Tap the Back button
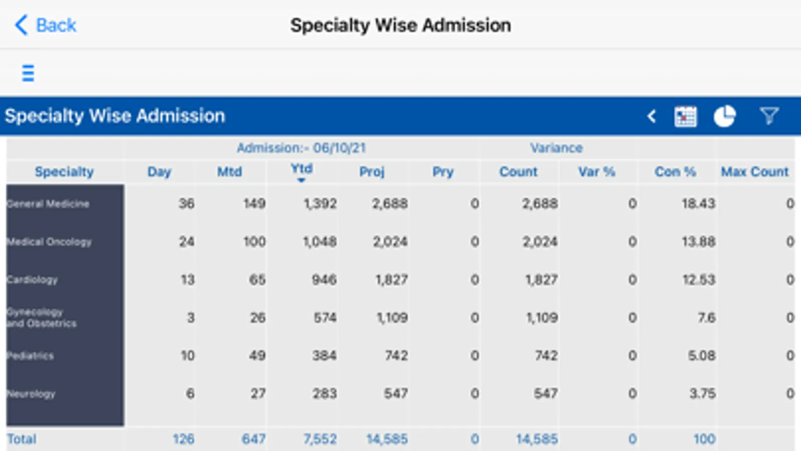point(46,25)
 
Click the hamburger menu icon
point(28,73)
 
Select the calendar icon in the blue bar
point(685,117)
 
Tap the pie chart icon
point(724,117)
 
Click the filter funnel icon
point(769,116)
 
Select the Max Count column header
point(754,172)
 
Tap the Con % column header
point(675,172)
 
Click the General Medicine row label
point(48,204)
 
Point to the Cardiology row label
point(33,280)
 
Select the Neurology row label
point(31,394)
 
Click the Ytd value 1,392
point(320,203)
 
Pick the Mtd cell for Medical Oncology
point(254,242)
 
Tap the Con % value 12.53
point(698,280)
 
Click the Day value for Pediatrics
point(187,356)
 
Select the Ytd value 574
point(325,318)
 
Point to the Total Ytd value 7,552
point(320,439)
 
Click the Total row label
point(22,439)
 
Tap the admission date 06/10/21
point(339,148)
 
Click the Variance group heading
point(556,148)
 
